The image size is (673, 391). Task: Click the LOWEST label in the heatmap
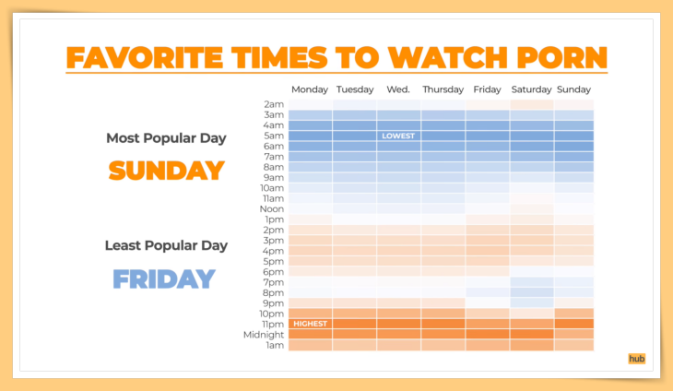point(398,136)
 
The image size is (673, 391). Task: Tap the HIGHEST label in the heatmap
point(311,324)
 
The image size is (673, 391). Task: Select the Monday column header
point(310,89)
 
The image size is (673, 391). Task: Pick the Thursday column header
point(443,89)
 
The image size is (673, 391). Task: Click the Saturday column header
point(531,89)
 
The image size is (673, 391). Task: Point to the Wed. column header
point(398,89)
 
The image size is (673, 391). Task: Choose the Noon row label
point(272,209)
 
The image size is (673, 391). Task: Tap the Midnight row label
point(264,335)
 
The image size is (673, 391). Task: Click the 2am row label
point(274,104)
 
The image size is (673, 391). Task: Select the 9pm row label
point(274,303)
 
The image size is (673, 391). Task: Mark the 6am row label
point(274,147)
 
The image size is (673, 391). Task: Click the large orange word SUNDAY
point(167,171)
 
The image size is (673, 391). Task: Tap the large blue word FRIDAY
point(164,279)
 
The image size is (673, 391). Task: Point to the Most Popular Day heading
point(166,138)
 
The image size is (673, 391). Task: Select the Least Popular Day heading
point(166,245)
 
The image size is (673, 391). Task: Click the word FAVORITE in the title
point(145,57)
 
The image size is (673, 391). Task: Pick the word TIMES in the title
point(280,57)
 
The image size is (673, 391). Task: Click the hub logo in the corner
point(636,359)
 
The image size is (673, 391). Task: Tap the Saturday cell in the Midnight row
point(532,335)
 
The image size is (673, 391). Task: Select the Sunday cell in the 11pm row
point(573,324)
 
